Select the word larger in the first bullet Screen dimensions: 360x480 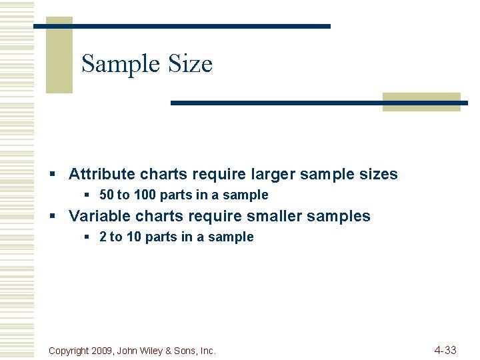pos(273,175)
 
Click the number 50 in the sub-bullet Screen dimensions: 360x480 pos(106,195)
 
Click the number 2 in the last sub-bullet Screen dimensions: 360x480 pos(103,237)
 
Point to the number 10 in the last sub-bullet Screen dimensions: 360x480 pos(133,237)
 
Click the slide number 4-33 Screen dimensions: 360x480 pos(445,350)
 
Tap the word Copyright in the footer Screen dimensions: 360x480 pos(71,351)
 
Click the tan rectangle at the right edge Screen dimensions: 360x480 pos(422,101)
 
